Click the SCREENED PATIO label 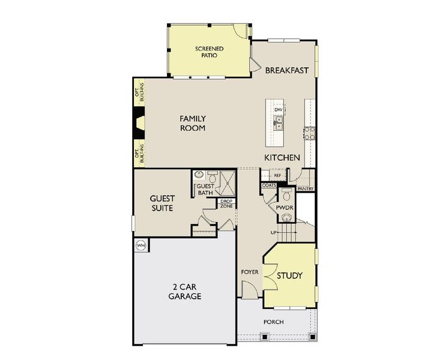coord(209,51)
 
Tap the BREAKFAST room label coord(287,70)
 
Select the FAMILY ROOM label coord(193,124)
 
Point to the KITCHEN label coord(282,157)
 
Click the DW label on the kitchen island coord(278,110)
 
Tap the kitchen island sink coord(279,124)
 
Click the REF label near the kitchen coord(277,175)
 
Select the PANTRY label coord(305,188)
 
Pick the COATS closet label coord(268,185)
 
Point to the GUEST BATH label coord(205,190)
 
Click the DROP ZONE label coord(226,203)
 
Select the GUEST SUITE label coord(162,203)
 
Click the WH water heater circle coord(141,245)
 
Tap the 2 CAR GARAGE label coord(184,292)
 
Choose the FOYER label coord(250,272)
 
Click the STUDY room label coord(289,275)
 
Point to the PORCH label coord(273,322)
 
